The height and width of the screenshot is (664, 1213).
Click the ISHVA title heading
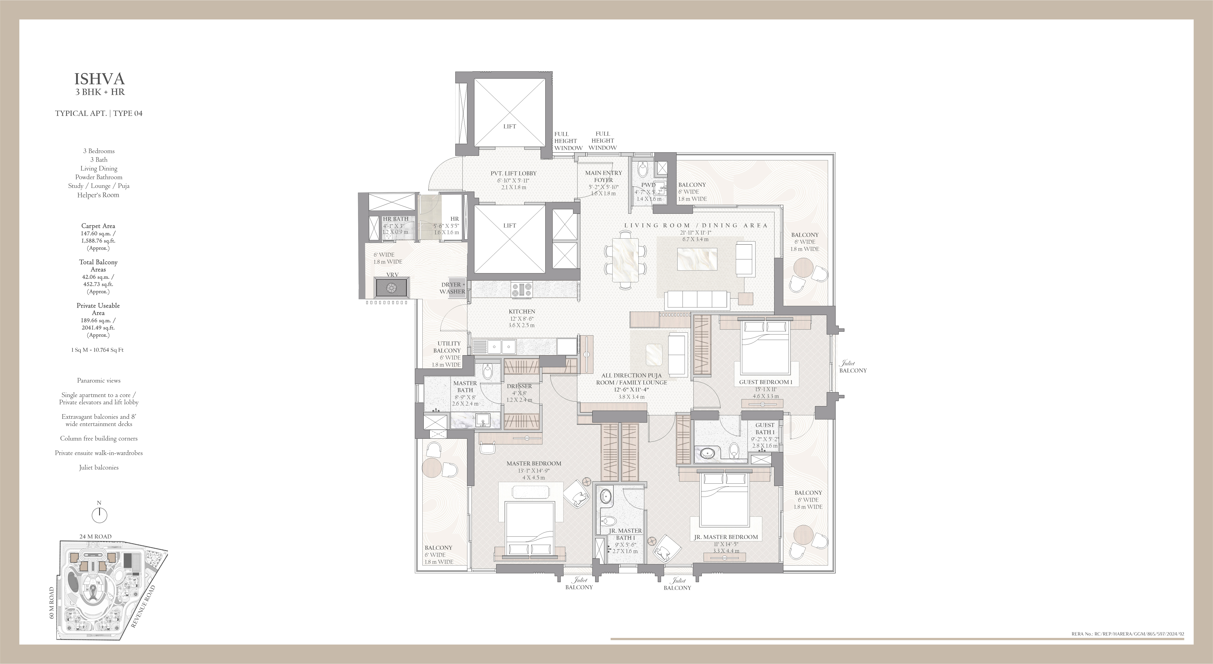(x=99, y=79)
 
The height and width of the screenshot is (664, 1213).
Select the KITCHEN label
(x=522, y=311)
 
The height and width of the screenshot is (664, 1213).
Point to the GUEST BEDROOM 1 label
(x=766, y=382)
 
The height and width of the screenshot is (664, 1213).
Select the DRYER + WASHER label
(x=453, y=288)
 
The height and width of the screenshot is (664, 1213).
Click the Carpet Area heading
(x=98, y=226)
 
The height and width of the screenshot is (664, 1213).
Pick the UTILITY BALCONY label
(x=448, y=347)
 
